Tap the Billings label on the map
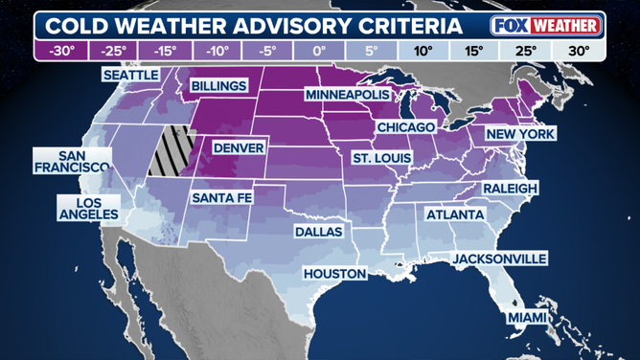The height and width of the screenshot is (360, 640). (219, 86)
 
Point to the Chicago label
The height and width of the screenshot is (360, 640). (406, 126)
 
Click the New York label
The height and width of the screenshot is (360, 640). (518, 135)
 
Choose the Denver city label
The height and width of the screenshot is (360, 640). (239, 148)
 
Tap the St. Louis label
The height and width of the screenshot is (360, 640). (381, 157)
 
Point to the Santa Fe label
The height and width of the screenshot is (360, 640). (222, 197)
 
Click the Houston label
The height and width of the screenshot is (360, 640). (334, 274)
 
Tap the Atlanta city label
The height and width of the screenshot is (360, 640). (455, 214)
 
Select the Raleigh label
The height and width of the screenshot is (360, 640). (509, 189)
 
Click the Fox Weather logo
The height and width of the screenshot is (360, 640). (545, 24)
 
